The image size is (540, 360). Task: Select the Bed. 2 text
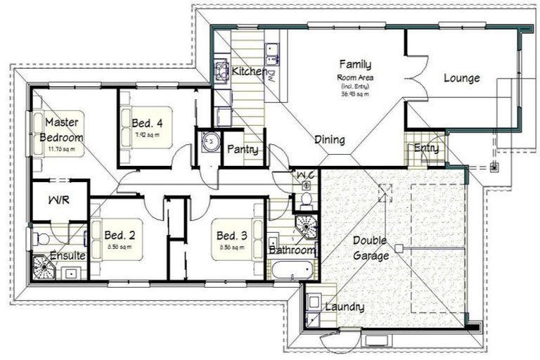click(x=120, y=235)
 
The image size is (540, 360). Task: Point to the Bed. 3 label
click(x=231, y=235)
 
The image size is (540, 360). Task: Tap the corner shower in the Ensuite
click(x=44, y=268)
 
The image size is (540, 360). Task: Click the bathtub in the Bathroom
click(x=290, y=269)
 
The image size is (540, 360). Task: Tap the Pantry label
click(x=242, y=150)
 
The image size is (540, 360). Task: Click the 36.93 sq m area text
click(x=355, y=94)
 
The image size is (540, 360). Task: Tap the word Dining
click(x=329, y=140)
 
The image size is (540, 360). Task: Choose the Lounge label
click(x=461, y=78)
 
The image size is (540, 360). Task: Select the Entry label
click(x=427, y=148)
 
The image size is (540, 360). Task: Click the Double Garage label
click(x=371, y=247)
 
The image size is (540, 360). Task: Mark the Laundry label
click(x=344, y=307)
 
